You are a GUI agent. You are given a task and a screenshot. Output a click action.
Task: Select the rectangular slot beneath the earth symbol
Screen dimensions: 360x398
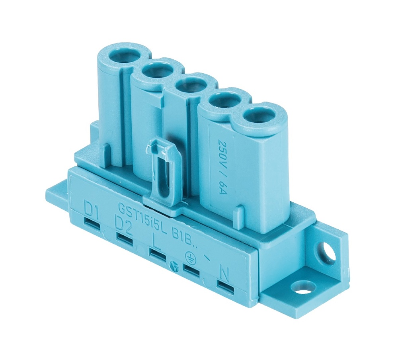191,270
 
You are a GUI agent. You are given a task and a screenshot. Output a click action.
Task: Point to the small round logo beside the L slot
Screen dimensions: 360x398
173,264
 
